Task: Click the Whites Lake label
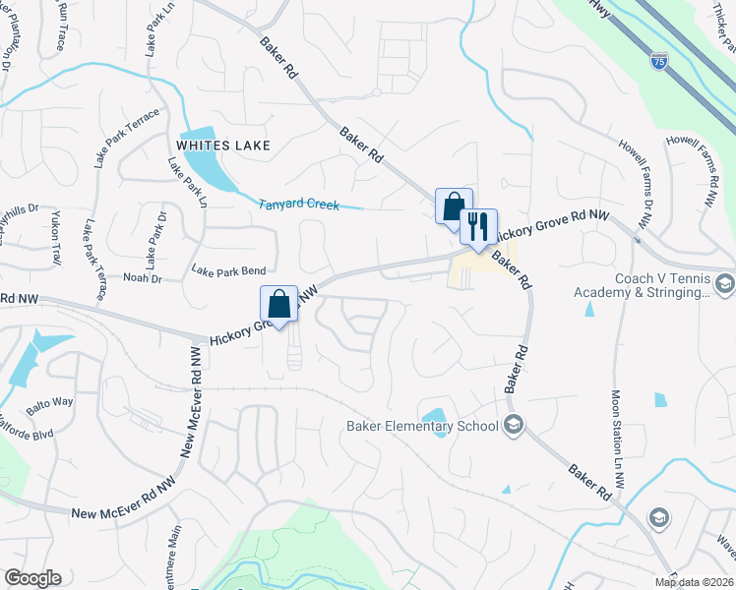(x=223, y=146)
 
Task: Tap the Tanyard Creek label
(x=298, y=206)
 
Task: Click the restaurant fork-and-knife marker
(x=478, y=227)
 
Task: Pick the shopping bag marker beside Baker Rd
(x=454, y=206)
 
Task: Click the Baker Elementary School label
(x=422, y=426)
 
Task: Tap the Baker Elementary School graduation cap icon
(x=512, y=426)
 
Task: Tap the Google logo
(x=32, y=578)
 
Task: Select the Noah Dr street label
(x=142, y=279)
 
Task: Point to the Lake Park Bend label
(x=228, y=270)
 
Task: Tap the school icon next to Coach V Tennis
(x=725, y=285)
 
